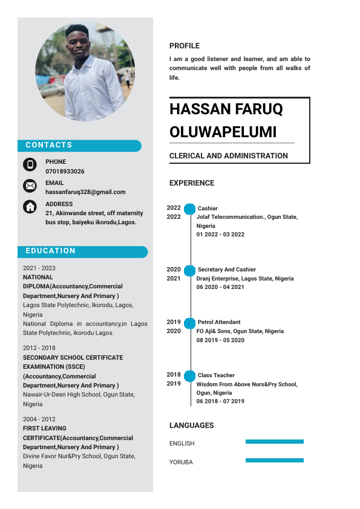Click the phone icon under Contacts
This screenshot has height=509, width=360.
pyautogui.click(x=30, y=164)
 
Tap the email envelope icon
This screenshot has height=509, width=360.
pyautogui.click(x=30, y=186)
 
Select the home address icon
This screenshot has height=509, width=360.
pyautogui.click(x=30, y=207)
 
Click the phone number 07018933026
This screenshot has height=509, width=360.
pyautogui.click(x=65, y=171)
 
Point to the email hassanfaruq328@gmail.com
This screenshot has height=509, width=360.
pyautogui.click(x=85, y=192)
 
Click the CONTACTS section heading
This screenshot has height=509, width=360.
pyautogui.click(x=49, y=145)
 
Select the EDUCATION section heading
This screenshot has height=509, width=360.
pyautogui.click(x=51, y=251)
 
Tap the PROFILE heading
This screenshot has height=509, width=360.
pyautogui.click(x=184, y=46)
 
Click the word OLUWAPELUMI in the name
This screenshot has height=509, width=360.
pyautogui.click(x=223, y=132)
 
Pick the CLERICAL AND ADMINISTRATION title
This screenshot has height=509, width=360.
pyautogui.click(x=229, y=156)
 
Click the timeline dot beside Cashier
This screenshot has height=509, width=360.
pyautogui.click(x=189, y=209)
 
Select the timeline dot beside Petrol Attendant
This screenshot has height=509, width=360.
pyautogui.click(x=189, y=323)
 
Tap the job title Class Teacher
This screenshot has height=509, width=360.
pyautogui.click(x=216, y=375)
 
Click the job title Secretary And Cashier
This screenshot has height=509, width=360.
pyautogui.click(x=226, y=270)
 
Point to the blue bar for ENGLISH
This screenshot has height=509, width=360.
pyautogui.click(x=274, y=442)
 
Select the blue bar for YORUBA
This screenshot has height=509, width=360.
pyautogui.click(x=274, y=461)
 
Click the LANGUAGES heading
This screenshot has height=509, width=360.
pyautogui.click(x=191, y=426)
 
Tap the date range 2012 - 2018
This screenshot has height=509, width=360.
pyautogui.click(x=39, y=348)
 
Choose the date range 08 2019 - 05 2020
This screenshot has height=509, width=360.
pyautogui.click(x=220, y=340)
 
